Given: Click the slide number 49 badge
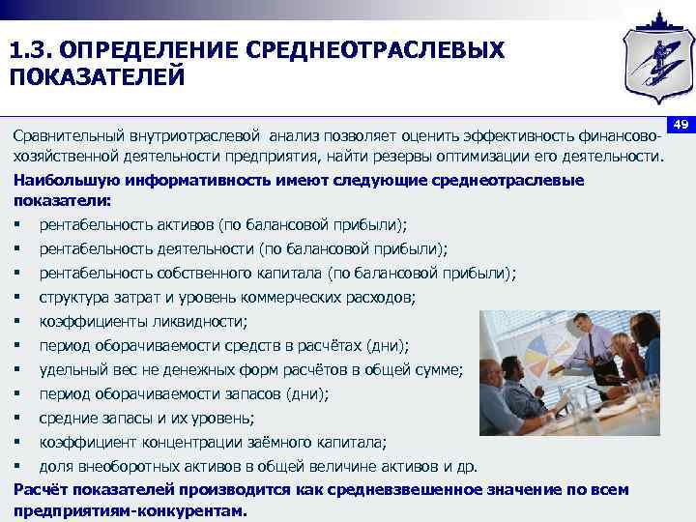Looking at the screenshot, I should point(680,126).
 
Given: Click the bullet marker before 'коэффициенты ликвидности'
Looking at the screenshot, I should point(18,322).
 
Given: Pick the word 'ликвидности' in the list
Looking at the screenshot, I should point(202,321).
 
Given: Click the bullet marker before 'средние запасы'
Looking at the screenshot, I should point(18,419).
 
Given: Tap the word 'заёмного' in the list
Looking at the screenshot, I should point(291,443).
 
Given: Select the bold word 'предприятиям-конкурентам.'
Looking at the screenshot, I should point(130,511).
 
